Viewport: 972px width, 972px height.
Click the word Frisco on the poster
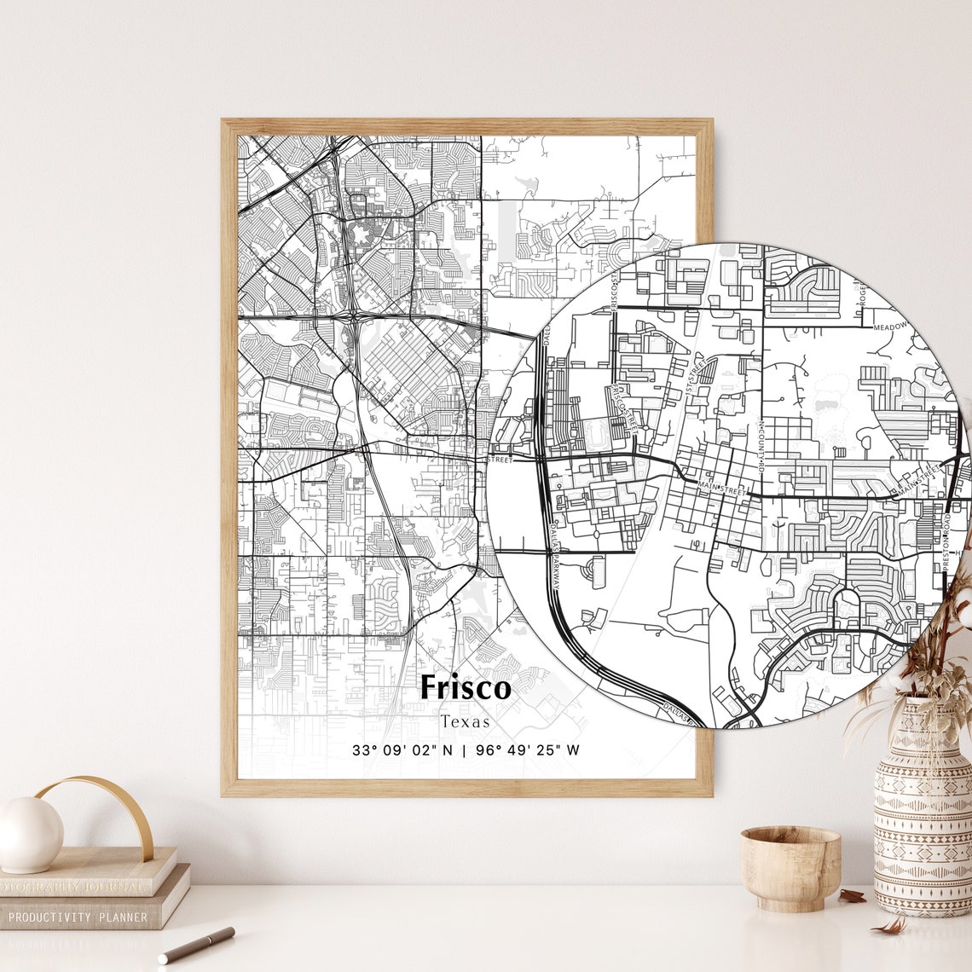[x=466, y=687]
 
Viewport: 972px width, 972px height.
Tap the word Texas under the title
[x=466, y=721]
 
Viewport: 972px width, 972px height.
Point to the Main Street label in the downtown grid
[x=721, y=489]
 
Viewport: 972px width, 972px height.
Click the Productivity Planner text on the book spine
[x=77, y=918]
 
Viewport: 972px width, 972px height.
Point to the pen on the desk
[x=196, y=945]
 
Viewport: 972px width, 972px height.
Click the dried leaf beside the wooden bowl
[x=851, y=895]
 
